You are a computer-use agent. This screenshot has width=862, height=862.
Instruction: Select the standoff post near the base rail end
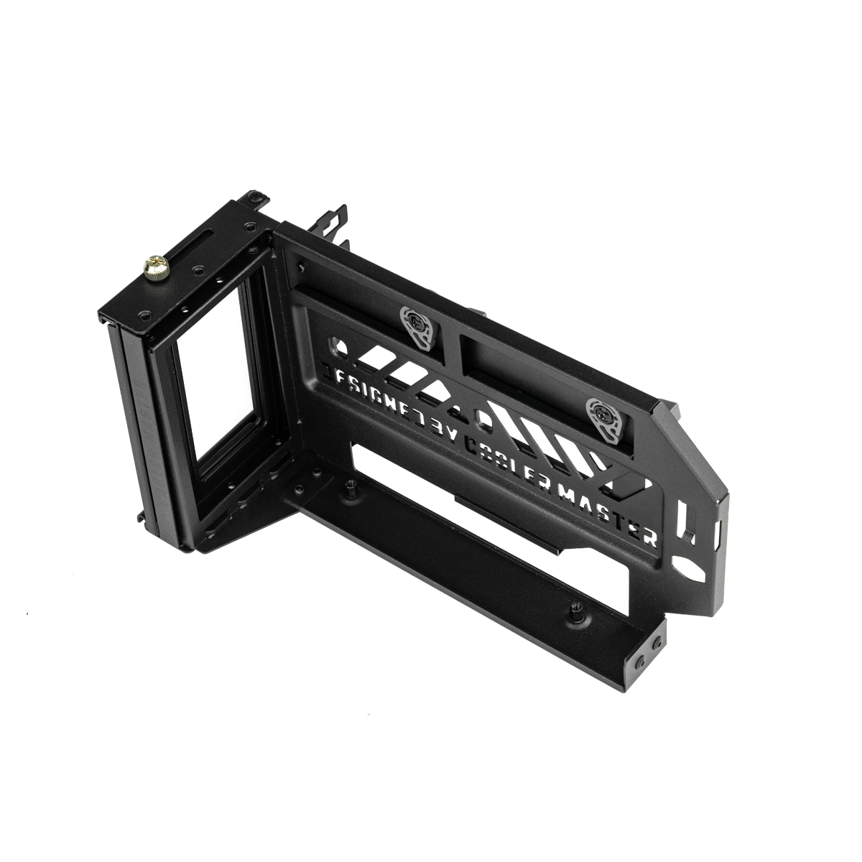575,611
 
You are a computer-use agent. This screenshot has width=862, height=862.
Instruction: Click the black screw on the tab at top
256,195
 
